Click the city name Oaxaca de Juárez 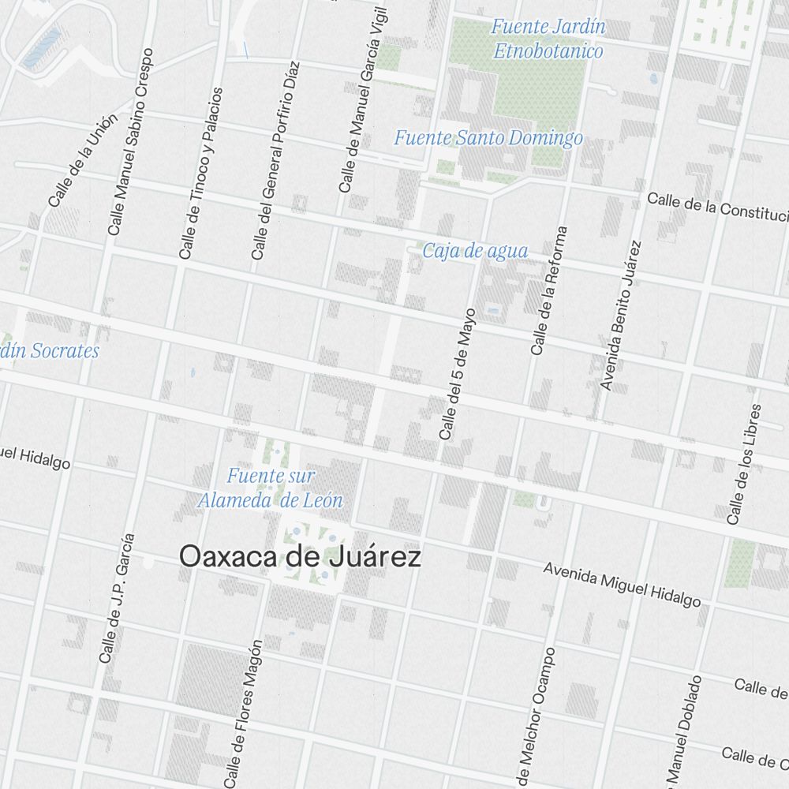(x=300, y=557)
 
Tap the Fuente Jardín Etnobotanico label (x=548, y=39)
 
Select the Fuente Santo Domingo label (x=488, y=139)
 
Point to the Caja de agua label (x=475, y=252)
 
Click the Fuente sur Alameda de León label (x=271, y=488)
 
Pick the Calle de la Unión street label (x=82, y=161)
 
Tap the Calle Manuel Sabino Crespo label (x=130, y=142)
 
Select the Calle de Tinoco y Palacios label (x=201, y=174)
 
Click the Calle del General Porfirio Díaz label (x=275, y=161)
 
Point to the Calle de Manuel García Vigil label (x=364, y=101)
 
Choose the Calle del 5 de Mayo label (x=458, y=374)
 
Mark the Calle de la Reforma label (x=549, y=291)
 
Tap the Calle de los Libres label (x=745, y=465)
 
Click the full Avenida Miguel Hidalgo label (x=622, y=585)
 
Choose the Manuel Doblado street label (x=683, y=730)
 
